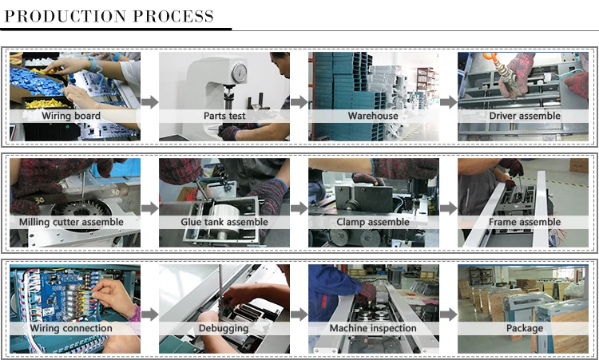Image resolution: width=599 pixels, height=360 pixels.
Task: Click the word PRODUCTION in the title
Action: (65, 16)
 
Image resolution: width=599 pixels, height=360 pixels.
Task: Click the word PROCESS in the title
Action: (173, 16)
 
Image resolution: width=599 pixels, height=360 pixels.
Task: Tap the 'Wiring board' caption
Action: (71, 116)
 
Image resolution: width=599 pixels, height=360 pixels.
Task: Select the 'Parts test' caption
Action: (224, 116)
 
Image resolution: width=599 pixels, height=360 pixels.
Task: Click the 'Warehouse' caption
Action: (373, 116)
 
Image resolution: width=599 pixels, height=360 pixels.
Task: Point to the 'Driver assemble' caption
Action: (525, 116)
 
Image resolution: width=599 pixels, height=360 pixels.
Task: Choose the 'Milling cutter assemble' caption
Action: (71, 222)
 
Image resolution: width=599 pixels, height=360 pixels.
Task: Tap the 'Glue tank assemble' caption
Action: (224, 222)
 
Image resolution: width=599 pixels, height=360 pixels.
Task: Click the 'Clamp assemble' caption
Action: (373, 222)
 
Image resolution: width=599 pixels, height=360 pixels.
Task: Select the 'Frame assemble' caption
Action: (525, 222)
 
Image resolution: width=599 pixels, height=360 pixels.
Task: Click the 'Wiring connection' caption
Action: (71, 328)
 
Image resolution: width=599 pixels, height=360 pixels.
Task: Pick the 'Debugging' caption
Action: (224, 328)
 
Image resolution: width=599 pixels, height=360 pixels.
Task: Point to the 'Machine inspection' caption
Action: (373, 328)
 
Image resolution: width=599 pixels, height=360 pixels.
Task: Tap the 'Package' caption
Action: (525, 328)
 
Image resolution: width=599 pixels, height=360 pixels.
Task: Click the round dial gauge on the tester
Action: (240, 73)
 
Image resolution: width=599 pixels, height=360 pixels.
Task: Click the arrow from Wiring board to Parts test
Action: (150, 102)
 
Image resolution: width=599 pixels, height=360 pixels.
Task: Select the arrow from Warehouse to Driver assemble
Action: (449, 102)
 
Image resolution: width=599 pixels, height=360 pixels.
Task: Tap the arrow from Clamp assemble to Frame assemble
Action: (449, 208)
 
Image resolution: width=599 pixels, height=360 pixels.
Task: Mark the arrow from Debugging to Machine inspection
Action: (299, 315)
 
